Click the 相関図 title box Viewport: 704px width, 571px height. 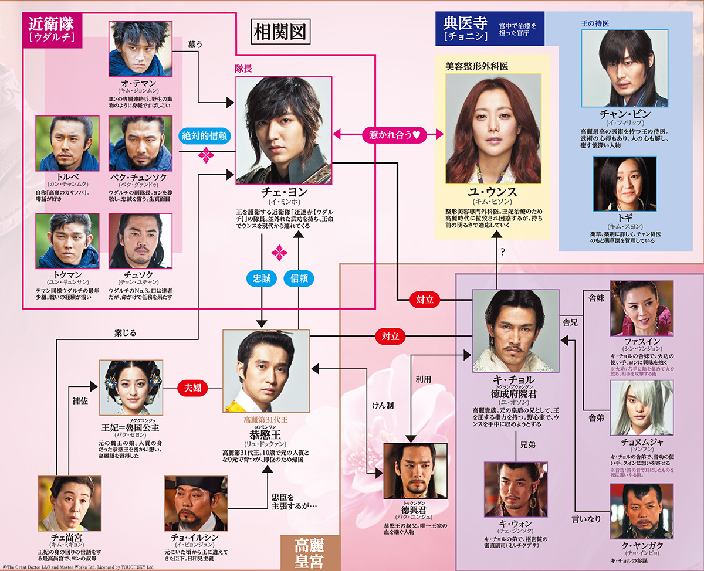280,33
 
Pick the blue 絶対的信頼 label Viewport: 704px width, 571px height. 205,135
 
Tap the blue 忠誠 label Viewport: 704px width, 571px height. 262,278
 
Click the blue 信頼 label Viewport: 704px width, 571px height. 298,278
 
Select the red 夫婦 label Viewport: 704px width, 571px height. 194,388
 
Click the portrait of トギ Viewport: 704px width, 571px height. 624,183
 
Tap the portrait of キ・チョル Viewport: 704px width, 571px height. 516,331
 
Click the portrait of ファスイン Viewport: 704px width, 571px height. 641,307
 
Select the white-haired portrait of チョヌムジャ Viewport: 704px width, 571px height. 641,407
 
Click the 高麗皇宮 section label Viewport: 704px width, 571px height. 310,552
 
